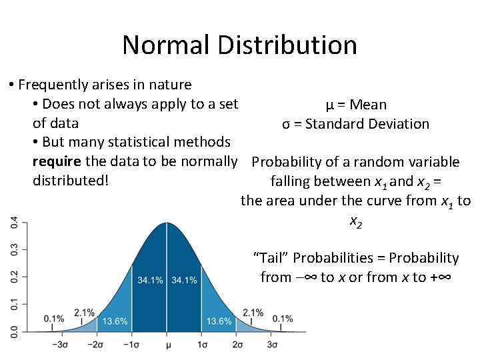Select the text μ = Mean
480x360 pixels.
point(356,105)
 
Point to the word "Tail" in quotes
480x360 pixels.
point(271,258)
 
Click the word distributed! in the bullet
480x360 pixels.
point(70,181)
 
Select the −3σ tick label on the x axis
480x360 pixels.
point(61,345)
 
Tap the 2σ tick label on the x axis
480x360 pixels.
point(237,345)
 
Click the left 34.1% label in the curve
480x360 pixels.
point(150,280)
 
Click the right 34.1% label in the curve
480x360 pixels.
point(184,280)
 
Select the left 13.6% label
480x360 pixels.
point(115,321)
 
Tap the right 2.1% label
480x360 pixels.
point(253,312)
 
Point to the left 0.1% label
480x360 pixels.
point(54,319)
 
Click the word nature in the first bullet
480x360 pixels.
point(171,85)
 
